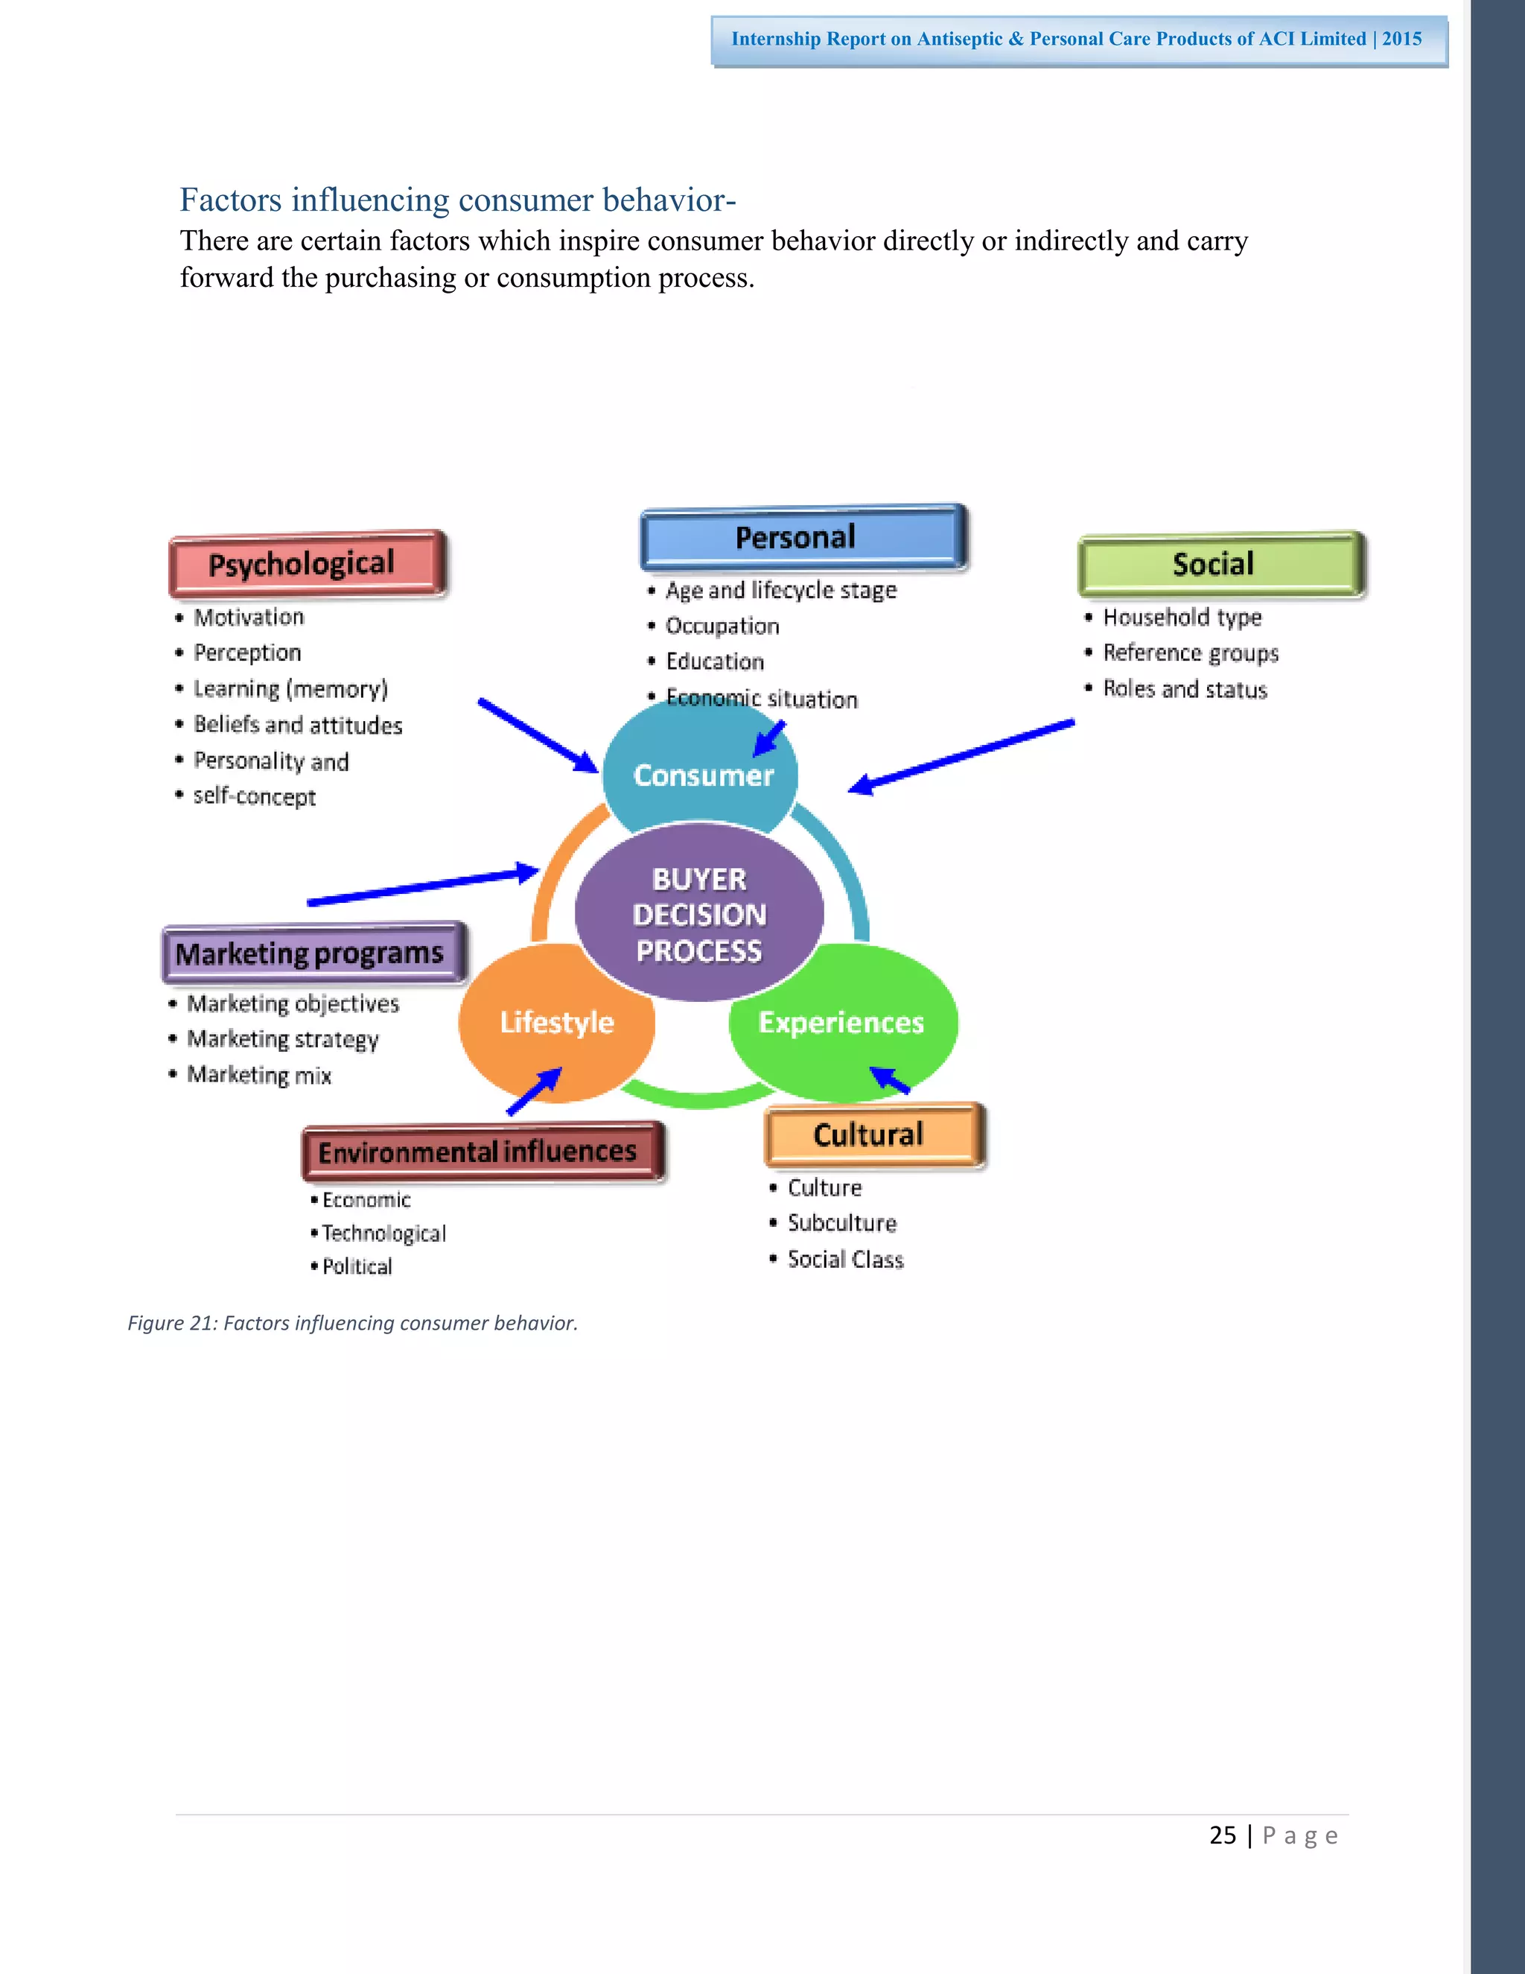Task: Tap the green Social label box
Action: pos(1220,564)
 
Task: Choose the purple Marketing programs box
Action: pos(313,953)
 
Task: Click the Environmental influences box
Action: pos(483,1152)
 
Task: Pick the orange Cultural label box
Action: pos(873,1135)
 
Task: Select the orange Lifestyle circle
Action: pos(555,1022)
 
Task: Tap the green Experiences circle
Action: pos(841,1022)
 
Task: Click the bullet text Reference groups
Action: pos(1190,653)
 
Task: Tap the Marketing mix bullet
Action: pos(259,1075)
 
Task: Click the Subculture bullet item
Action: pos(841,1223)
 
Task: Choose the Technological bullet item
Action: pos(383,1234)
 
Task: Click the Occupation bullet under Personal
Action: pos(722,626)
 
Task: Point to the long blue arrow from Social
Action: pos(963,754)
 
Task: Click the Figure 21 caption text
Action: pos(352,1323)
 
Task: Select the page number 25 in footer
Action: pos(1223,1835)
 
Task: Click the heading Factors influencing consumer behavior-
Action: pos(457,200)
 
